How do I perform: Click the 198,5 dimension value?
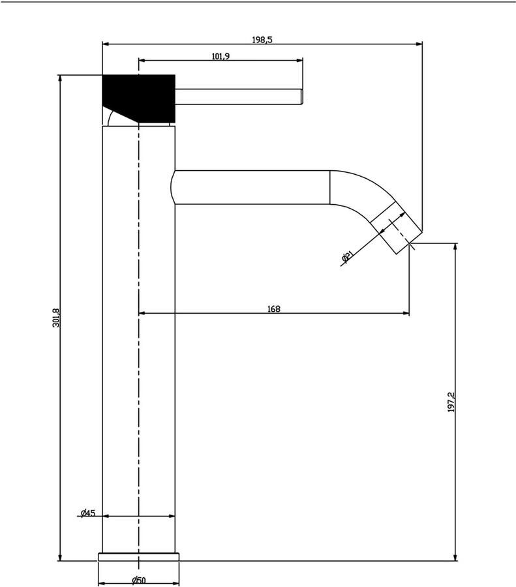coord(262,40)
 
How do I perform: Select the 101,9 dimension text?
coord(220,57)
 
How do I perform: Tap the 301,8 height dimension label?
coord(56,318)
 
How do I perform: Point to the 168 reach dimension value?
coord(274,309)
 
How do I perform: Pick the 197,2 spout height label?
coord(451,402)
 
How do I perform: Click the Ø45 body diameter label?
coord(88,513)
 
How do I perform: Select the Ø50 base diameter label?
coord(138,580)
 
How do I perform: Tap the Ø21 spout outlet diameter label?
coord(347,258)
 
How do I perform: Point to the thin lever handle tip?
coord(301,96)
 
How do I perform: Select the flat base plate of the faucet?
coord(138,556)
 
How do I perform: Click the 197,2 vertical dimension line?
coord(455,489)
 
